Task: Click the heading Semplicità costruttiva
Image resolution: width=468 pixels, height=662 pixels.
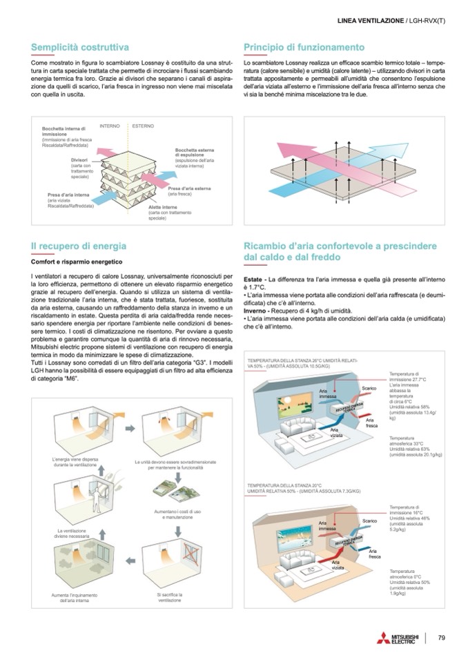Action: click(80, 47)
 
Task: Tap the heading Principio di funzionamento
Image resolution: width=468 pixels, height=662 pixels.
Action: click(304, 47)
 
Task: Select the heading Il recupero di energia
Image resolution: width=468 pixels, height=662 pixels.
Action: click(79, 245)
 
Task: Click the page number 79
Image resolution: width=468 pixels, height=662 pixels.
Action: click(442, 637)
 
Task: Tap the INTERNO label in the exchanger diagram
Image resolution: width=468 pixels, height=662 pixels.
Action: click(110, 126)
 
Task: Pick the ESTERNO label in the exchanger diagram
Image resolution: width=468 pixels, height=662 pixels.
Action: click(143, 126)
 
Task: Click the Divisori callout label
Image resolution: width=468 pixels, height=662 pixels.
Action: click(81, 160)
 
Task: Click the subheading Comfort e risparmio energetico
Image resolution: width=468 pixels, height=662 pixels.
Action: click(76, 262)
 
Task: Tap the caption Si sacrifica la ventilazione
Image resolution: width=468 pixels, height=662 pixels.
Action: click(168, 597)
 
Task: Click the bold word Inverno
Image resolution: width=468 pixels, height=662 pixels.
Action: click(257, 313)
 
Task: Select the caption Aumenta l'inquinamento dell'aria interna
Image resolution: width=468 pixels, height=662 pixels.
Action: click(75, 598)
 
